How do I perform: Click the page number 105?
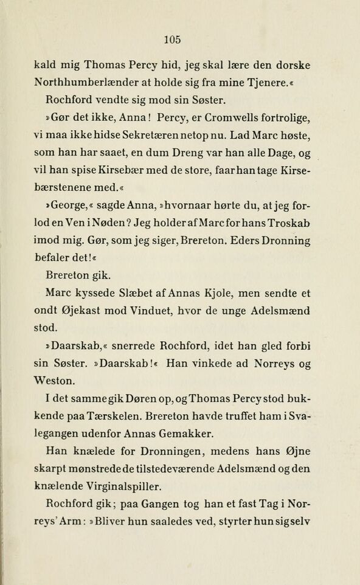[173, 40]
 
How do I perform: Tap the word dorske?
[290, 65]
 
